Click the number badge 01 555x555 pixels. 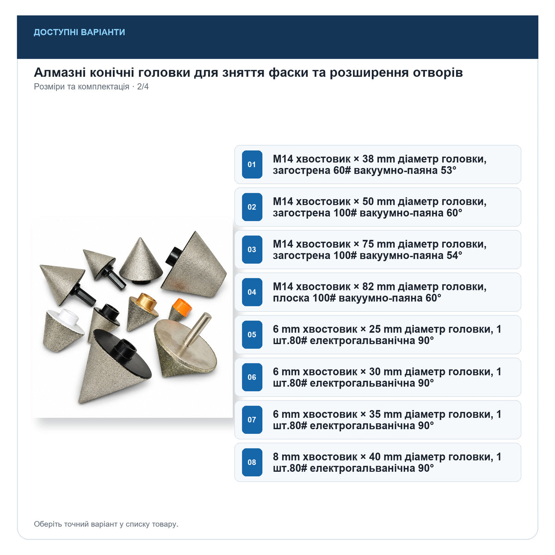coord(252,165)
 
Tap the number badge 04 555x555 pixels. coord(252,292)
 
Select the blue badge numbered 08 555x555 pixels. coord(252,462)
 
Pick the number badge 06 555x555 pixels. coord(252,377)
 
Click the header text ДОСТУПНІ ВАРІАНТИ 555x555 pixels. coord(79,32)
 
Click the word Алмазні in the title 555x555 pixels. coord(60,73)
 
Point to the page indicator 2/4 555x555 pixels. coord(143,86)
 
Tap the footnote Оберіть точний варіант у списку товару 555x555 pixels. coord(106,524)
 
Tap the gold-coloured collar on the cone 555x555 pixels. coord(146,301)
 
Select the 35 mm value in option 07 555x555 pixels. coord(385,414)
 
